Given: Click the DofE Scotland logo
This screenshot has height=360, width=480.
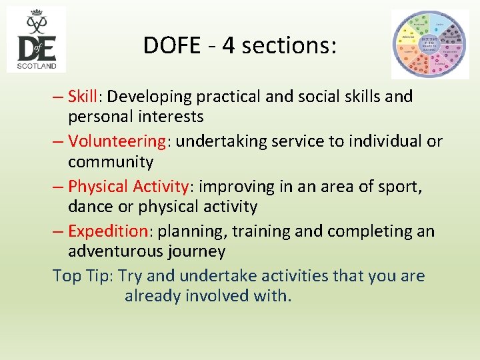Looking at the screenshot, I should pyautogui.click(x=37, y=39).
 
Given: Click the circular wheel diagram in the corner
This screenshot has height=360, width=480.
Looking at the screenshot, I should pyautogui.click(x=429, y=44).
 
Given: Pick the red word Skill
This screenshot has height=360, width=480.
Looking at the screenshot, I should pyautogui.click(x=83, y=97).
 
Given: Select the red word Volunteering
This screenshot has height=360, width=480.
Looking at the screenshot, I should pyautogui.click(x=116, y=142).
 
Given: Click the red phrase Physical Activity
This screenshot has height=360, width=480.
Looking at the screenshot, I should pyautogui.click(x=129, y=187).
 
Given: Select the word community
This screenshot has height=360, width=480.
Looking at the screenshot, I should pyautogui.click(x=111, y=162).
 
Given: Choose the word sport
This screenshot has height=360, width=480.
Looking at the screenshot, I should pyautogui.click(x=399, y=187).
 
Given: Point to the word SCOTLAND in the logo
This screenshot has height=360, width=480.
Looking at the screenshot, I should pyautogui.click(x=37, y=65).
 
